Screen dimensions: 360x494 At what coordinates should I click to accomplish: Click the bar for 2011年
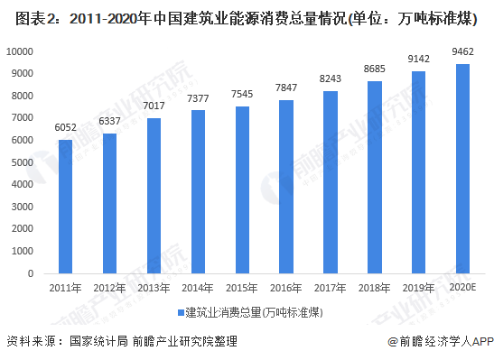pos(65,207)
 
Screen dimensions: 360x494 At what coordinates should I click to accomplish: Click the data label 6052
pos(65,128)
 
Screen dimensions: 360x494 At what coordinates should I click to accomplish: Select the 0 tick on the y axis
pos(32,273)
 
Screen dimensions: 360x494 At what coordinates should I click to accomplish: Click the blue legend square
pos(179,312)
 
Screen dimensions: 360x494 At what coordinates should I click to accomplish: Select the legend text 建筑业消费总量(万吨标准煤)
pos(253,312)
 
